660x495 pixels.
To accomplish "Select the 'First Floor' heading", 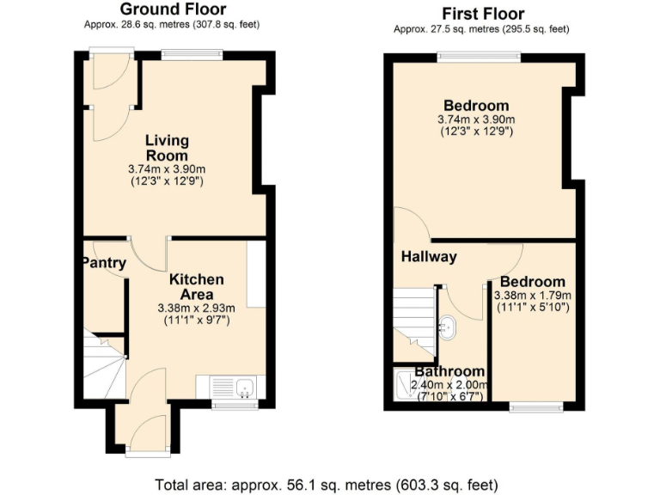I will (483, 13).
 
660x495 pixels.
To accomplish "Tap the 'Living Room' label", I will (167, 148).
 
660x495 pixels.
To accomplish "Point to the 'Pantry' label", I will (104, 263).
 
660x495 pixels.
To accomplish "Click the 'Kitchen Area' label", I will (196, 287).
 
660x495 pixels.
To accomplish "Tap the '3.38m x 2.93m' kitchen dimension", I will (196, 308).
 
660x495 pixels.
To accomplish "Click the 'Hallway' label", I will (429, 256).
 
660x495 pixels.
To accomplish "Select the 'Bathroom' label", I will (451, 372).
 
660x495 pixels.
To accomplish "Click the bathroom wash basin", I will (447, 327).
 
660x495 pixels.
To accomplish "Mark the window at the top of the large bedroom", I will (479, 57).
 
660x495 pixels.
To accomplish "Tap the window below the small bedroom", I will (535, 405).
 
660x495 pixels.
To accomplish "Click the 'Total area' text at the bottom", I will (327, 484).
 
